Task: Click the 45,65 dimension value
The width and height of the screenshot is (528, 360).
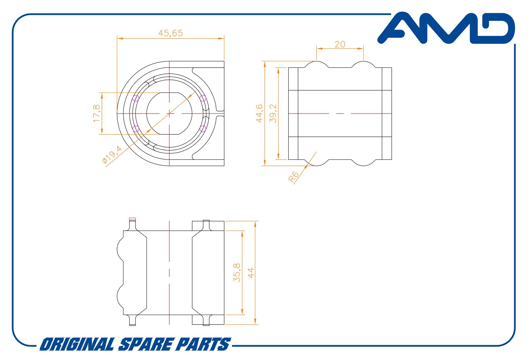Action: click(x=171, y=33)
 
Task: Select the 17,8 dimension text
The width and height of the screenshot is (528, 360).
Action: click(x=97, y=113)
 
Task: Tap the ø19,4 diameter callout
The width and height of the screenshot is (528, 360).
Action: click(x=112, y=155)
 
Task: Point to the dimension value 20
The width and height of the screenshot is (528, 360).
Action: click(x=340, y=44)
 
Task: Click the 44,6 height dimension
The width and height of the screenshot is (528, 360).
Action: click(x=260, y=113)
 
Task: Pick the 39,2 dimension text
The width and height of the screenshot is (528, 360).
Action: click(x=273, y=113)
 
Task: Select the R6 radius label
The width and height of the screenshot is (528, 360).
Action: click(x=294, y=177)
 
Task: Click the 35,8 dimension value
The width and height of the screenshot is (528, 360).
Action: click(x=237, y=273)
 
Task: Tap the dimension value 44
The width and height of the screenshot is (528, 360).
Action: click(x=251, y=273)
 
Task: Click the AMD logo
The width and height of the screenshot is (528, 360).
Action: click(x=446, y=28)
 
